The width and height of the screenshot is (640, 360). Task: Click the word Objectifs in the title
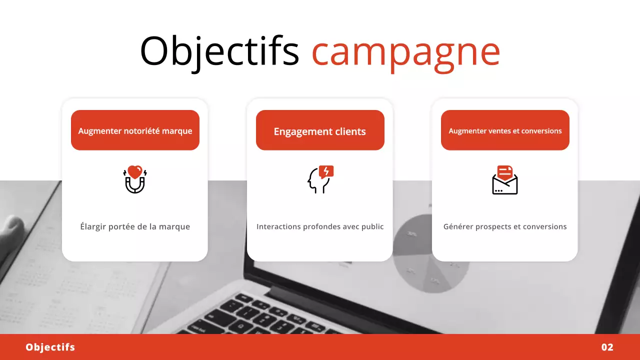(219, 51)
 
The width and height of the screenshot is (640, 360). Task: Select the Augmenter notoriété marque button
(135, 130)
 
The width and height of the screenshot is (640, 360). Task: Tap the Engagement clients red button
(320, 130)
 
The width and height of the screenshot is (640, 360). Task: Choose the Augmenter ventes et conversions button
(505, 130)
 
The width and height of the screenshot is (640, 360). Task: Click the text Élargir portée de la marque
(135, 226)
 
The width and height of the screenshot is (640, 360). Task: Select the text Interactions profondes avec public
(320, 226)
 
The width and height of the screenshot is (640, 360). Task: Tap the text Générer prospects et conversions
(505, 226)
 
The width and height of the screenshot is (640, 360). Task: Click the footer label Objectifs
(50, 347)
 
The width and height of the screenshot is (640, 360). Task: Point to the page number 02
(607, 347)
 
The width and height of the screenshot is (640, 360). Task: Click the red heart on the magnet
(135, 172)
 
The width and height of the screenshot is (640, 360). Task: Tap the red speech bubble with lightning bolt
(326, 171)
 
